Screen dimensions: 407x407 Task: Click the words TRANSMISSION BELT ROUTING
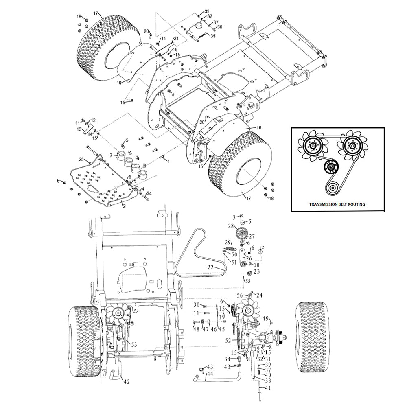[337, 204]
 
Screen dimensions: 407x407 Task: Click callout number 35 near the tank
[213, 36]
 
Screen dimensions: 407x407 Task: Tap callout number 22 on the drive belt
[210, 267]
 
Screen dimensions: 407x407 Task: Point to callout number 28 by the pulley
[231, 226]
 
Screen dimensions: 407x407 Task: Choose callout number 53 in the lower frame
[133, 345]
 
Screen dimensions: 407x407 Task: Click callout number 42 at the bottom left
[127, 382]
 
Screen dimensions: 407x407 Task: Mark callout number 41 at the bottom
[268, 388]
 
